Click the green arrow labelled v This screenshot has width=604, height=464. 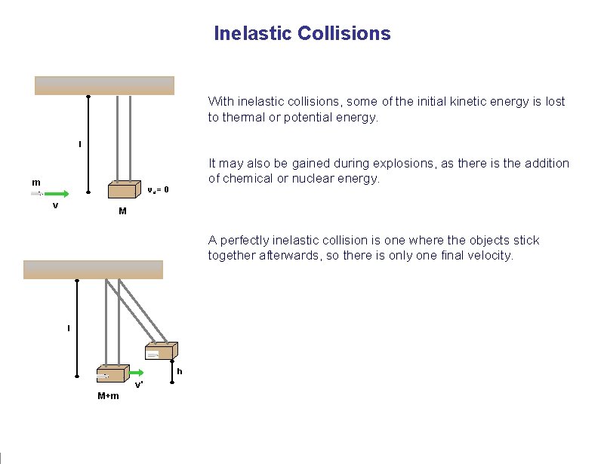56,194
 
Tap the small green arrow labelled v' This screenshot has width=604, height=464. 136,373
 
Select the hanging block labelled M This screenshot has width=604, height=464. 125,192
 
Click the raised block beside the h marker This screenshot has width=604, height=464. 161,352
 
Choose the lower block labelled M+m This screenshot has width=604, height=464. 110,374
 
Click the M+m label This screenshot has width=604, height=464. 108,395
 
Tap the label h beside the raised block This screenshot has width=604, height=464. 180,371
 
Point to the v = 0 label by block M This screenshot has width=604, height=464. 158,189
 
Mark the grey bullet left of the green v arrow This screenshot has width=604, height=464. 36,194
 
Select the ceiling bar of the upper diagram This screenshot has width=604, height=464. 105,85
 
